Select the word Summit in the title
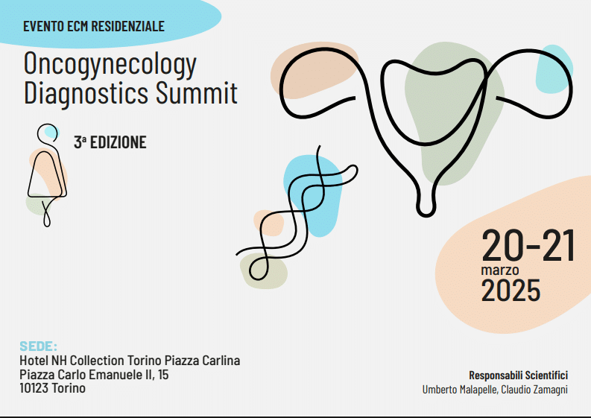point(196,92)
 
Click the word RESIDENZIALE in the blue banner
point(127,26)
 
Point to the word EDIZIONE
point(118,142)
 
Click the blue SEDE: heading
point(38,346)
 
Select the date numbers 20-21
point(528,246)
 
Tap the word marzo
point(500,270)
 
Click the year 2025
point(511,291)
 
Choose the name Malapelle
point(474,390)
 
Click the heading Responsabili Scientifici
point(518,376)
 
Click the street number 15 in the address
point(163,375)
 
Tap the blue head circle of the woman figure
point(50,132)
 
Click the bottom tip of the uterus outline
point(426,216)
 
